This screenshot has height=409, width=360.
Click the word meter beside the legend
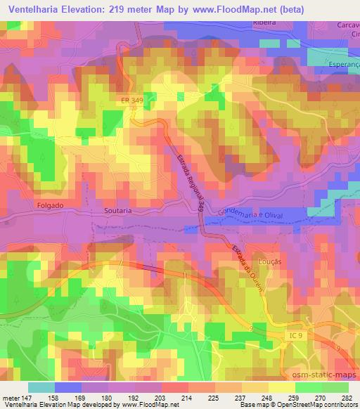(x=10, y=396)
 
